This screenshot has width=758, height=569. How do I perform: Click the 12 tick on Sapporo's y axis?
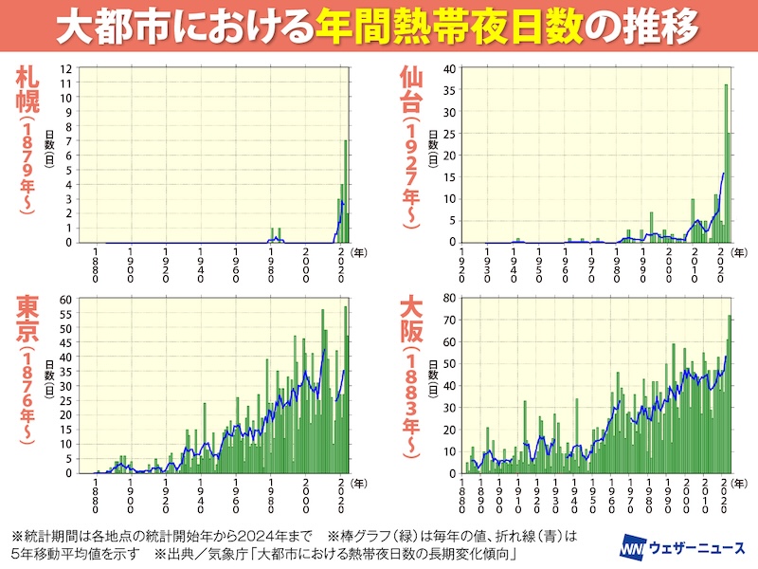[x=67, y=68]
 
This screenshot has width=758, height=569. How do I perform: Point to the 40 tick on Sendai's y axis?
[x=452, y=68]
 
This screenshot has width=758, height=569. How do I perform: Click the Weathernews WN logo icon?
[x=632, y=548]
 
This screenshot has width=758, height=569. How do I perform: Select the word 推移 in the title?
[x=663, y=27]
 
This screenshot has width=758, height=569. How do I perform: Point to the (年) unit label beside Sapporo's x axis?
[x=361, y=253]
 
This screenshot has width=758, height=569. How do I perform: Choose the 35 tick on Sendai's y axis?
[x=452, y=90]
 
